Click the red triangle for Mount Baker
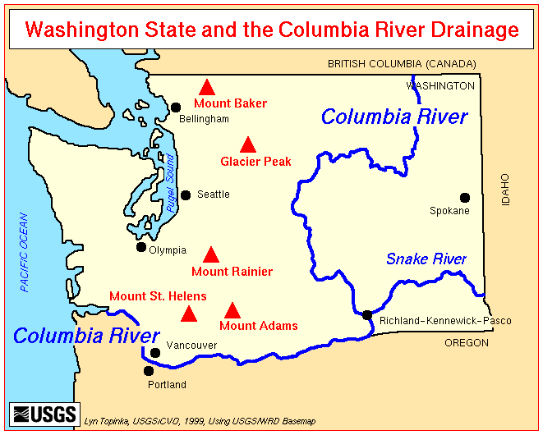(x=208, y=87)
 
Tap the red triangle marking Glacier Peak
(x=248, y=145)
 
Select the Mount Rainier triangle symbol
(x=211, y=254)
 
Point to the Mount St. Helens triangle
(x=189, y=314)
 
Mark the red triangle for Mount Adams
(x=232, y=310)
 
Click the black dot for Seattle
(x=186, y=195)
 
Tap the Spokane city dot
(x=465, y=197)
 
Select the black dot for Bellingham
(x=175, y=107)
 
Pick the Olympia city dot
(x=141, y=247)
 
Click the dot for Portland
(x=149, y=371)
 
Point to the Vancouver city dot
(x=155, y=353)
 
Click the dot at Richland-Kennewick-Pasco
(x=367, y=315)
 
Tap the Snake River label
(x=426, y=259)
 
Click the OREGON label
(x=466, y=343)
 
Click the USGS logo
(x=44, y=413)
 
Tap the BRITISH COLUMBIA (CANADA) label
(x=400, y=63)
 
